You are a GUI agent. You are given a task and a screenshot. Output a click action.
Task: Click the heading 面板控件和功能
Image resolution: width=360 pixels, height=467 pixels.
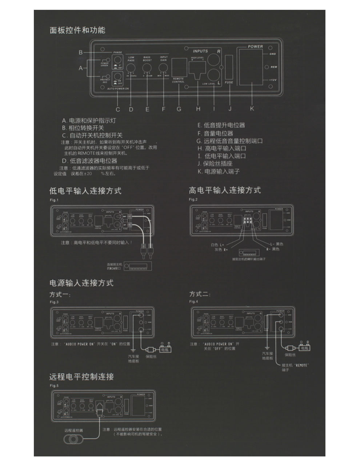click(77, 30)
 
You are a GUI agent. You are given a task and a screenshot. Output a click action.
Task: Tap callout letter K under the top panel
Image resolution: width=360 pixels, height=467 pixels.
click(252, 109)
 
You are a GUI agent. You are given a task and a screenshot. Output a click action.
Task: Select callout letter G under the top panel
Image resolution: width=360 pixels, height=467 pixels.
click(179, 109)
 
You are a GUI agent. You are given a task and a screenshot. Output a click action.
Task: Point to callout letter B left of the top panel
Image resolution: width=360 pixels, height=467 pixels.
click(81, 52)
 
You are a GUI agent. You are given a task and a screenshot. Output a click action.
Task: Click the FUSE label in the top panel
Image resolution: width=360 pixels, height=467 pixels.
click(229, 82)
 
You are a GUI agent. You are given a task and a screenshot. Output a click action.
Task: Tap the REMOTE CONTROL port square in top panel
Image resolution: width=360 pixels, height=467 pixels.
click(178, 67)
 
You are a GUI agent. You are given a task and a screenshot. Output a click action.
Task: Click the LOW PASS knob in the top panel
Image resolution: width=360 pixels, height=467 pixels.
click(131, 68)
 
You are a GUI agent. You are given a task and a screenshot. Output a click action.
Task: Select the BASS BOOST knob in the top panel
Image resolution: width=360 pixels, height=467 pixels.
click(147, 68)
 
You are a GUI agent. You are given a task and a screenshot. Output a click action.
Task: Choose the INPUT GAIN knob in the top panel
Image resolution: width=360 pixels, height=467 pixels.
click(164, 68)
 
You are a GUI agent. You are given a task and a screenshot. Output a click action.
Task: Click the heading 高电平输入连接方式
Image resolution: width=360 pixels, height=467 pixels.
click(225, 190)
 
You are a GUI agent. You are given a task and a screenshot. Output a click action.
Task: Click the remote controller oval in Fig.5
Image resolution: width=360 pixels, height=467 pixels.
click(73, 439)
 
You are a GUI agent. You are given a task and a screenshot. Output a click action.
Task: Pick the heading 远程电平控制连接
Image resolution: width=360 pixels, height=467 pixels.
click(82, 377)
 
